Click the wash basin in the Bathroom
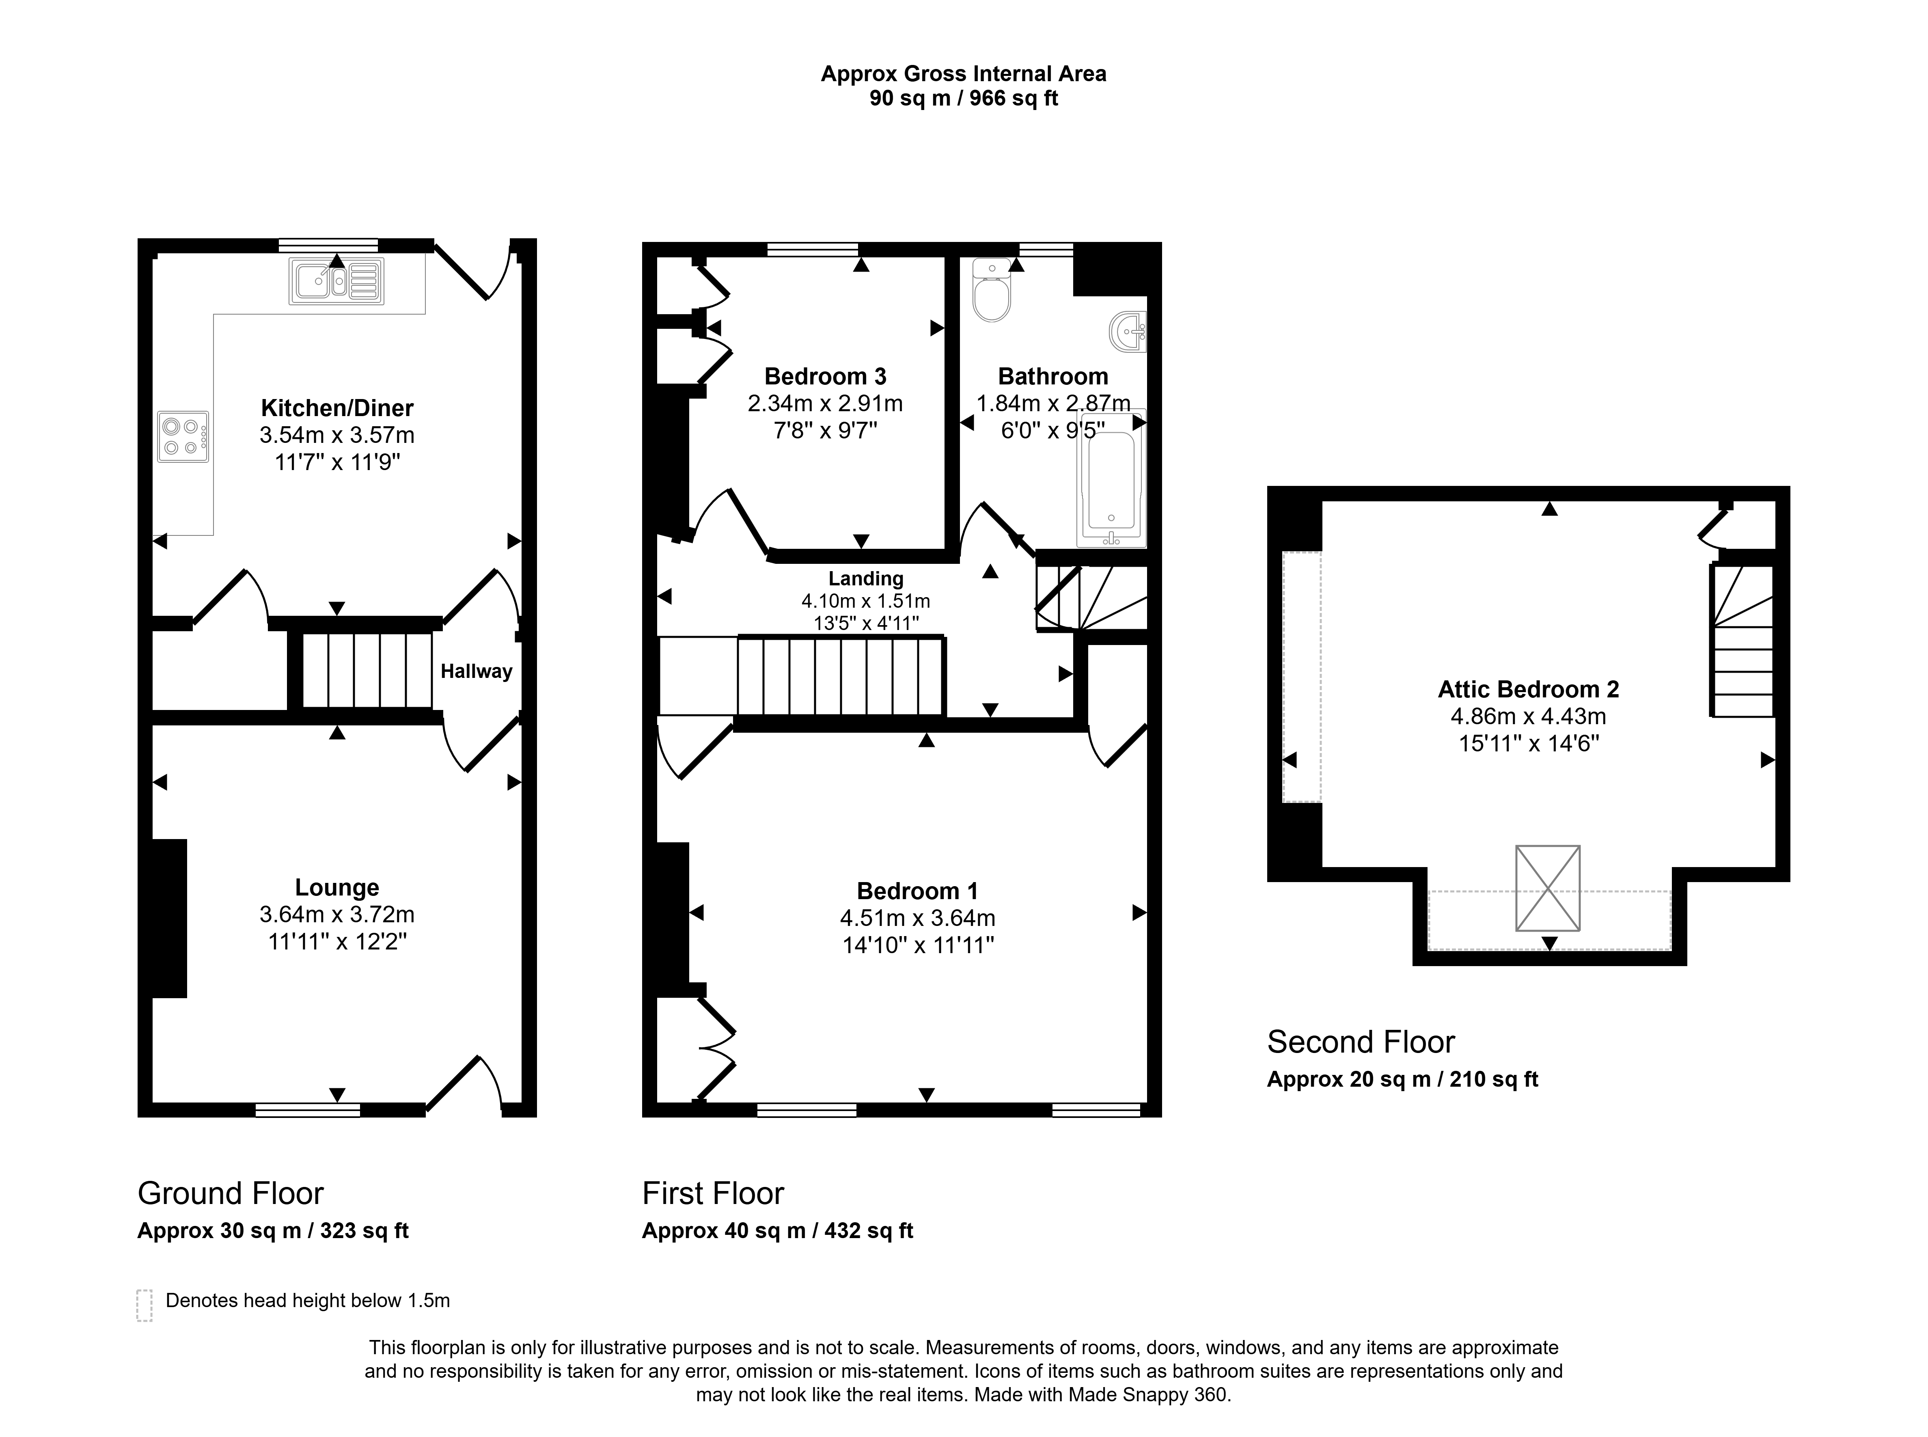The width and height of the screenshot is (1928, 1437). pos(1129,331)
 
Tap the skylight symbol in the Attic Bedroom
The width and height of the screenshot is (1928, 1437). pos(1548,888)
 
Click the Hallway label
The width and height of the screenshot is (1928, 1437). pos(477,671)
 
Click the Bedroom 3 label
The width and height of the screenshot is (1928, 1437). pos(825,377)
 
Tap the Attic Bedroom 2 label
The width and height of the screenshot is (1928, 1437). pos(1528,690)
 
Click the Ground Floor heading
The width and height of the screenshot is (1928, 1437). pos(231,1193)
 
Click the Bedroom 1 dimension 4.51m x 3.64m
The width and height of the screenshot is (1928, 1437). pos(917,919)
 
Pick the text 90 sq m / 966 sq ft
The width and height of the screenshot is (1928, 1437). pos(964,98)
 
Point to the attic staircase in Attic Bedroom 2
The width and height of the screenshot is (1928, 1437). pos(1742,641)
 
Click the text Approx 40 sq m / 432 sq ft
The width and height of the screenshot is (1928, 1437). pos(777,1231)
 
